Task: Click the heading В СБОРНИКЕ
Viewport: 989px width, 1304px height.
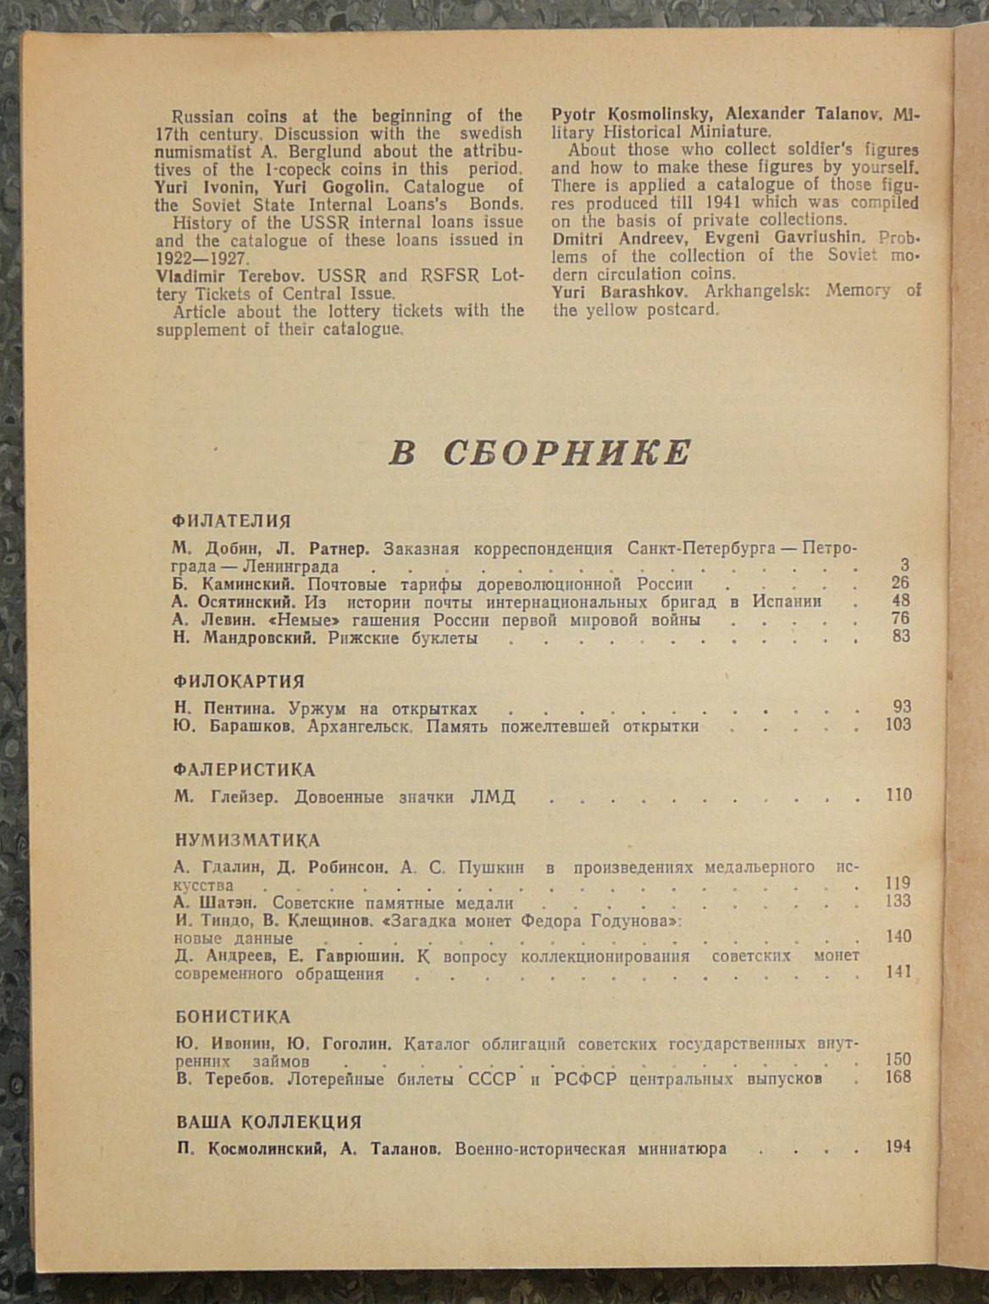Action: (x=540, y=454)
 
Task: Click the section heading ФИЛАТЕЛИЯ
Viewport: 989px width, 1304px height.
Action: (x=231, y=522)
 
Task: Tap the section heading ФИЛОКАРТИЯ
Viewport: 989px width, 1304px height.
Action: (x=239, y=682)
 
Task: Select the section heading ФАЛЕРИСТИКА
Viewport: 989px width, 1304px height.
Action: (x=244, y=771)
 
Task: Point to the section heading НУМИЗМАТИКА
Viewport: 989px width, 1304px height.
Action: (x=247, y=841)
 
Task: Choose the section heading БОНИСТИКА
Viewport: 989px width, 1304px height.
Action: (x=233, y=1018)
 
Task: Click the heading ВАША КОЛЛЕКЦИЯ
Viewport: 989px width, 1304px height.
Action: (x=268, y=1123)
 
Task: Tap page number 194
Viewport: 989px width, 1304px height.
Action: (x=898, y=1147)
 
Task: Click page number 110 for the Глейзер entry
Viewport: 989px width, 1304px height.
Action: (x=898, y=795)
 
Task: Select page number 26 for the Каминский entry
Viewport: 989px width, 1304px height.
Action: (x=900, y=583)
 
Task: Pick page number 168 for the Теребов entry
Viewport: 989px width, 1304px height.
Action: (x=898, y=1077)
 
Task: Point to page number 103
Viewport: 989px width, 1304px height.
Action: (x=898, y=725)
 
